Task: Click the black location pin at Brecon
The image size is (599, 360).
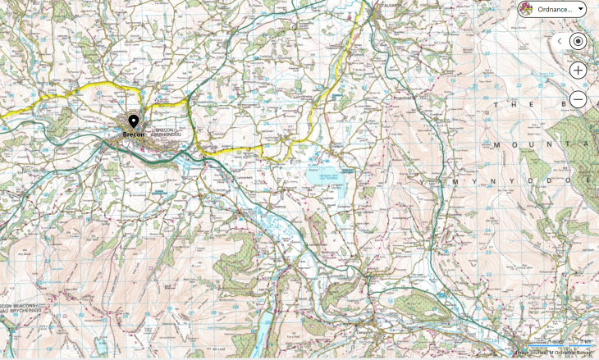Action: [x=134, y=122]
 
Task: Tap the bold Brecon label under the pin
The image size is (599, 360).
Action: [x=134, y=134]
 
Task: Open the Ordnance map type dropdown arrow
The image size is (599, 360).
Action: [x=581, y=9]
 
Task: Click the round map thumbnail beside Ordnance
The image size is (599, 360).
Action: [x=525, y=9]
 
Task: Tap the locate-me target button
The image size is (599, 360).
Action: [x=578, y=41]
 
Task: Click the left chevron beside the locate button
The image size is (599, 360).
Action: [x=560, y=41]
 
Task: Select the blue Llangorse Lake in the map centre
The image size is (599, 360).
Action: [x=323, y=175]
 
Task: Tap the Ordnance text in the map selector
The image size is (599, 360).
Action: [x=554, y=9]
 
